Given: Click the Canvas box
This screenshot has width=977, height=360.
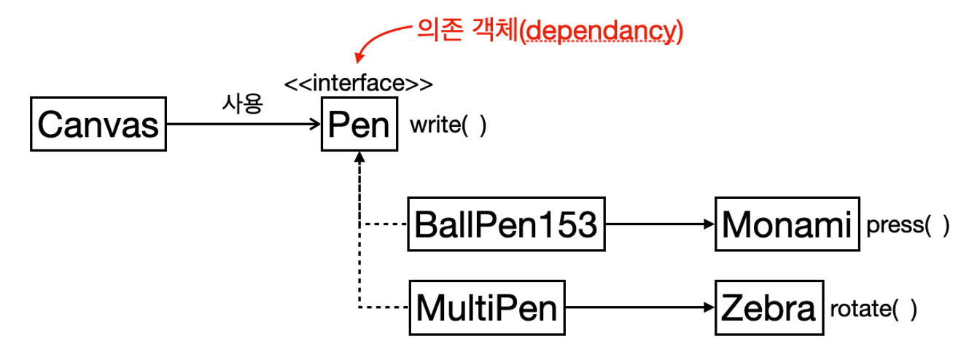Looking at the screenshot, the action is tap(98, 124).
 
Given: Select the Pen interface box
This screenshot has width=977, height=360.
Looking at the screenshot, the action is tap(359, 124).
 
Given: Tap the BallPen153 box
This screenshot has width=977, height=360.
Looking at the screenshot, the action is tap(507, 224).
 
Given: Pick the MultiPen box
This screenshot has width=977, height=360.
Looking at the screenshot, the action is tap(487, 308).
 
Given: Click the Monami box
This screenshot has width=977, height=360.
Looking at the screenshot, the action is tap(787, 224).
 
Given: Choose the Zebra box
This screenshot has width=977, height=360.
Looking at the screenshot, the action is tap(769, 308).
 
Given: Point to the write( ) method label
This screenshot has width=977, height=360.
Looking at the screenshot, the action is tap(448, 125).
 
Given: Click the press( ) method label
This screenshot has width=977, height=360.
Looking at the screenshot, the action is tap(908, 226).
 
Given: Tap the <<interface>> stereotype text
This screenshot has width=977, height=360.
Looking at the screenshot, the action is tap(359, 83).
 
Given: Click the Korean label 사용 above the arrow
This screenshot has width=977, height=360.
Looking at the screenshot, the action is tap(243, 103).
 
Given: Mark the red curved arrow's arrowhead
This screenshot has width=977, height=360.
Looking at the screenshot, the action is tap(359, 58).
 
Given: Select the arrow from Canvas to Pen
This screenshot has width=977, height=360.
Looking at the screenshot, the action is tap(244, 124).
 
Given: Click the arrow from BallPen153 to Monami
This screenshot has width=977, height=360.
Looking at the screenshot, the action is tap(660, 224).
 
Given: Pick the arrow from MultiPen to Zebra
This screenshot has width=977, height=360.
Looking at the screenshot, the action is tap(640, 308).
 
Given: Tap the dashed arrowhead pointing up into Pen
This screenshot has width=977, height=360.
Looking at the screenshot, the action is tap(359, 157).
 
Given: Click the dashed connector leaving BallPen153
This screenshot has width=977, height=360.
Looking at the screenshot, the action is tap(384, 224).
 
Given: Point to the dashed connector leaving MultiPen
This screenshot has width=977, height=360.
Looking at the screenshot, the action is tap(384, 308).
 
